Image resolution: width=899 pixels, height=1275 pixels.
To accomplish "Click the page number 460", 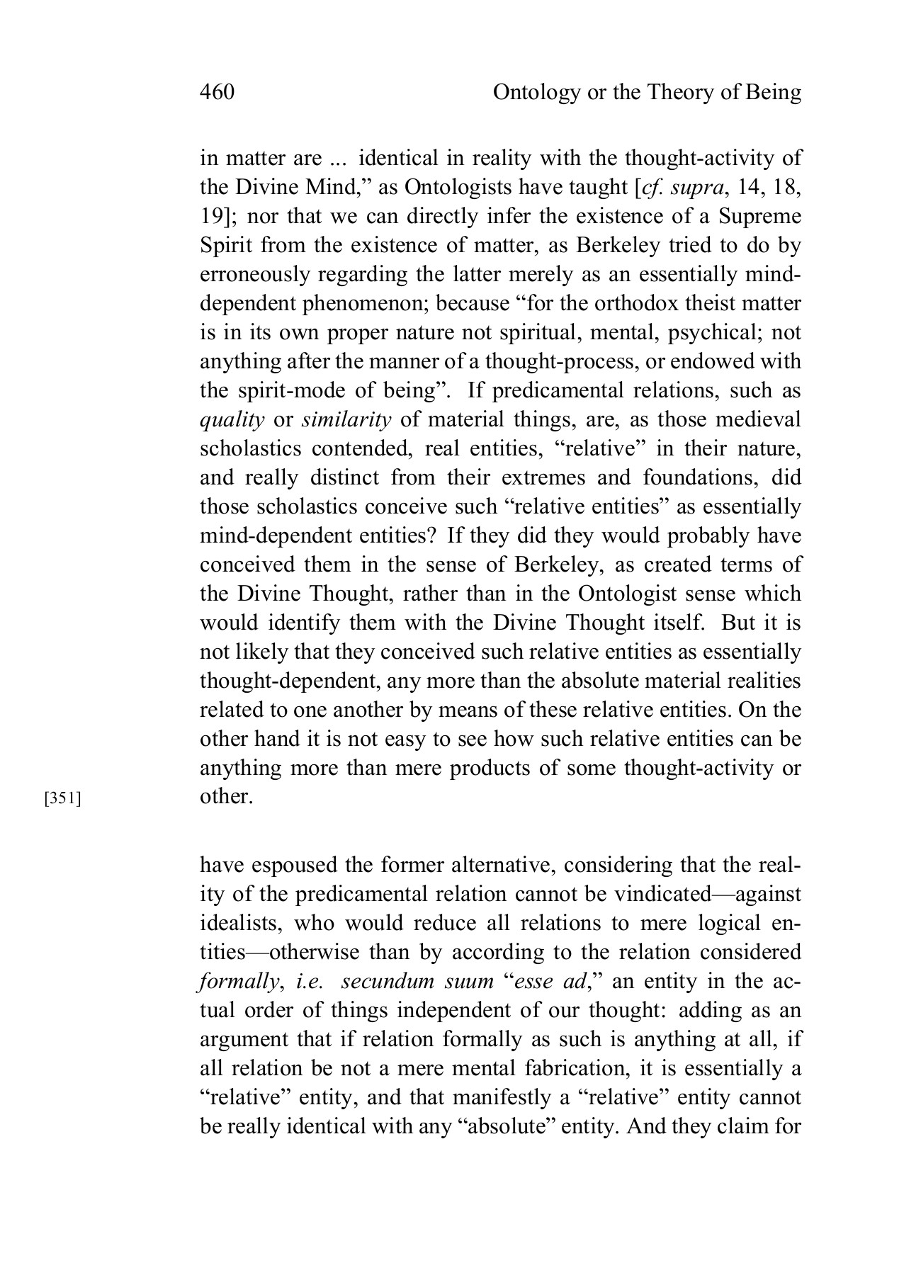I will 217,93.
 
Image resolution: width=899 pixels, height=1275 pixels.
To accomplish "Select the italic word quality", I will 232,419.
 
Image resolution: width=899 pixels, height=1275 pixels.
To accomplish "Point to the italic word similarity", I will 346,419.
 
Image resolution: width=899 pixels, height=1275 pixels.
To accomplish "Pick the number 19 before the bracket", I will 210,216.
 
